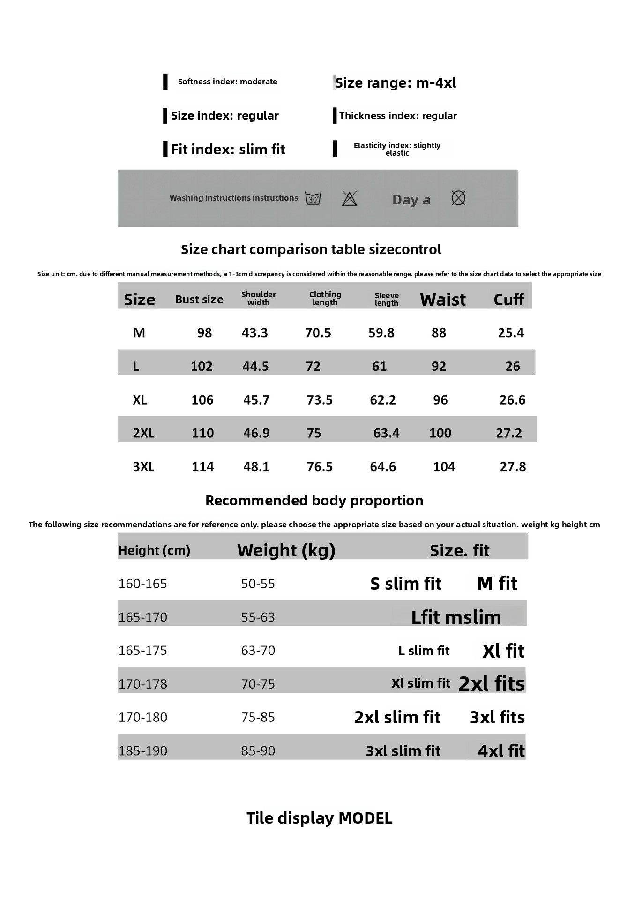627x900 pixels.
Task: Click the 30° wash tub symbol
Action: (x=313, y=198)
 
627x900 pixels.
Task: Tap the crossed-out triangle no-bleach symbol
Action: (x=350, y=198)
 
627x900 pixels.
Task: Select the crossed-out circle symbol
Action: (x=458, y=198)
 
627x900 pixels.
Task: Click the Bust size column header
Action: (x=199, y=300)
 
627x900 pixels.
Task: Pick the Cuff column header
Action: (x=508, y=300)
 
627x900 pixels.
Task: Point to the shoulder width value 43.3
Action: (x=255, y=333)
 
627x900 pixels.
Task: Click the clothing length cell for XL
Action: (x=320, y=400)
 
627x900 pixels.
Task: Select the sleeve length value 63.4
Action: (x=387, y=433)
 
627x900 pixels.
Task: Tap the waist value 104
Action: (x=444, y=467)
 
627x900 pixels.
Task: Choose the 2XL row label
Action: (x=143, y=433)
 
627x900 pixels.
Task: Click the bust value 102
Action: (x=202, y=367)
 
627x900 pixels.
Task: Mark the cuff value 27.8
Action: (x=513, y=467)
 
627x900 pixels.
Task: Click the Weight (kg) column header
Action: (x=286, y=550)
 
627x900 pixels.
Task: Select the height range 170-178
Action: (x=143, y=684)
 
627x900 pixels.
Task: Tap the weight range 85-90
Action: (x=258, y=751)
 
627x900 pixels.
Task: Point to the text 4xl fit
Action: (x=501, y=751)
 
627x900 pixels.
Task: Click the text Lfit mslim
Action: (x=456, y=617)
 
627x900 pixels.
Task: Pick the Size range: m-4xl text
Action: (x=396, y=83)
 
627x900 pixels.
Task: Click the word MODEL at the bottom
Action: (x=366, y=818)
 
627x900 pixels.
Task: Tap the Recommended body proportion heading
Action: (x=314, y=501)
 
